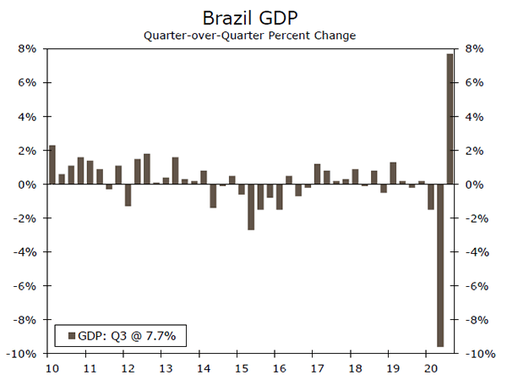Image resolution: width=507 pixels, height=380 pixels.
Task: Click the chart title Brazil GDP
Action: click(249, 17)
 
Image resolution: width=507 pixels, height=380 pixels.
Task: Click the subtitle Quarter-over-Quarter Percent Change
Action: click(249, 36)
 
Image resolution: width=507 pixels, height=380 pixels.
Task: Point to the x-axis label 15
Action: click(241, 369)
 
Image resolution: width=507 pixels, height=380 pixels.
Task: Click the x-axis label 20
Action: click(430, 369)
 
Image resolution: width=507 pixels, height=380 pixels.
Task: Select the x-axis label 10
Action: click(51, 369)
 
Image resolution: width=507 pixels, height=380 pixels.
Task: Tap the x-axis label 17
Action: click(317, 369)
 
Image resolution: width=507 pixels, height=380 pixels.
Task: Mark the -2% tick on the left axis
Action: click(25, 218)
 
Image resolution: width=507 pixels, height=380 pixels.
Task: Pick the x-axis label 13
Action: click(165, 369)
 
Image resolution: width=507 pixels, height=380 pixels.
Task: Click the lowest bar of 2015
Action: click(251, 207)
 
